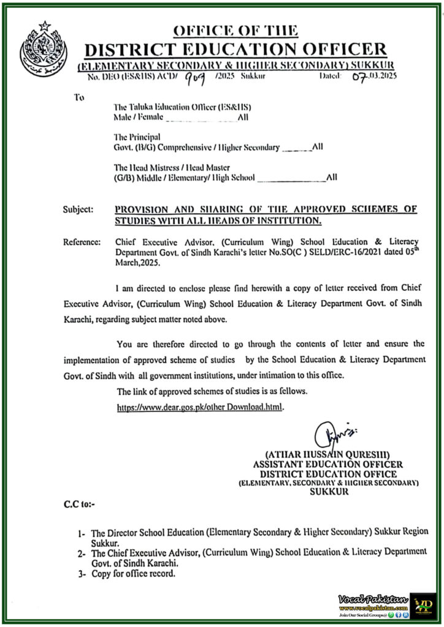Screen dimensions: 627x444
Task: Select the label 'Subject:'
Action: coord(78,209)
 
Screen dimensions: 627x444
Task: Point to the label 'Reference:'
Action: coord(82,242)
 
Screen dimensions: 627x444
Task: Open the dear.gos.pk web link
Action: coord(201,406)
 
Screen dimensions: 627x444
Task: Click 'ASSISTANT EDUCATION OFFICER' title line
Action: coord(325,464)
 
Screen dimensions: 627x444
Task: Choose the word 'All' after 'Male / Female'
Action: coord(243,117)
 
